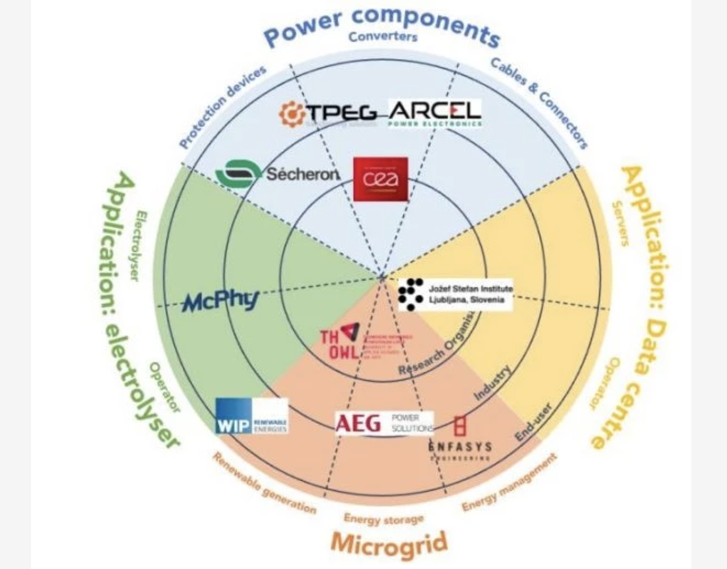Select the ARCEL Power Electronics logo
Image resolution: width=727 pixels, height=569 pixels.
[x=434, y=112]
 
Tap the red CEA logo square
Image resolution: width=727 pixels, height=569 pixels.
[x=380, y=179]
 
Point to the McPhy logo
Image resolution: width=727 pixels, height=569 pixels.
[x=220, y=301]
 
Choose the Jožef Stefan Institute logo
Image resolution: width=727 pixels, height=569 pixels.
[x=455, y=294]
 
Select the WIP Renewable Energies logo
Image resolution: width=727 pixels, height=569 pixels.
[x=252, y=417]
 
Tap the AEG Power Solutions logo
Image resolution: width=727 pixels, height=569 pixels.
[x=384, y=423]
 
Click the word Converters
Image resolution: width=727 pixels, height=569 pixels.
[x=383, y=36]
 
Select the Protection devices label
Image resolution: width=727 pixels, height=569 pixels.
[x=222, y=107]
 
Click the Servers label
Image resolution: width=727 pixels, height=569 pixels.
[x=620, y=223]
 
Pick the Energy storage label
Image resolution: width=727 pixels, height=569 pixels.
[x=383, y=518]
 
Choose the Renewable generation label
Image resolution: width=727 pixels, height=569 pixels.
[x=264, y=484]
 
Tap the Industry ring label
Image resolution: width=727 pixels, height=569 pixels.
[x=492, y=383]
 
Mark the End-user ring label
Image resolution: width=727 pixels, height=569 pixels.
[x=533, y=422]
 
